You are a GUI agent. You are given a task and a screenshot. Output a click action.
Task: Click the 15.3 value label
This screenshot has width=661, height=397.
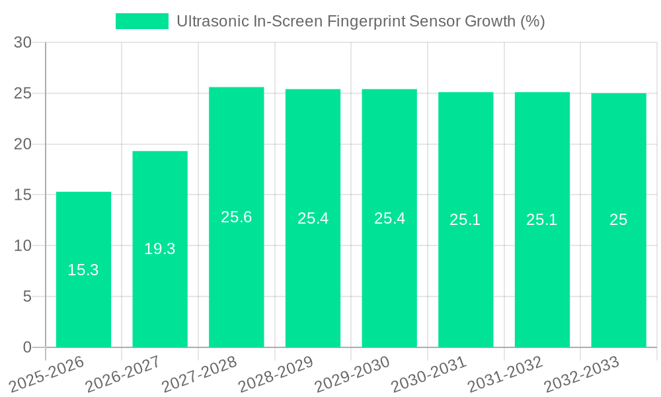tap(83, 270)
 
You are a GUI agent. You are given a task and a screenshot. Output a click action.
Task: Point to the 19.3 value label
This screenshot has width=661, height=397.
tap(160, 249)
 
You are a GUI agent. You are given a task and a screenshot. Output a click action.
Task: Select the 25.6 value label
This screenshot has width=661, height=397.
tap(237, 217)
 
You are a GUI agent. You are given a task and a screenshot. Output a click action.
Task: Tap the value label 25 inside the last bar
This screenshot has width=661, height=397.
tap(619, 220)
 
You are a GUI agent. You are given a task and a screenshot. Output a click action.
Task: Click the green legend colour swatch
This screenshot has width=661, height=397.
tap(142, 21)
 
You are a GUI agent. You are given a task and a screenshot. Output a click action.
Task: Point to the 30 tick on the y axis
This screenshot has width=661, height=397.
tap(23, 43)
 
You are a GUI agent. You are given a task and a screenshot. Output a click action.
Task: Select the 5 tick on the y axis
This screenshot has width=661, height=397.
tap(27, 296)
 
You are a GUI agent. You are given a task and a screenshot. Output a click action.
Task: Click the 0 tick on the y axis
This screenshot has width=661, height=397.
tap(27, 347)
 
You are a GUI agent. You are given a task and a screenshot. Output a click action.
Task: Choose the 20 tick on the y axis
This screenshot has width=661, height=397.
tap(23, 144)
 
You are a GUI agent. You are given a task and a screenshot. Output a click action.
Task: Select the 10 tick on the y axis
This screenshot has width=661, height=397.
tap(23, 246)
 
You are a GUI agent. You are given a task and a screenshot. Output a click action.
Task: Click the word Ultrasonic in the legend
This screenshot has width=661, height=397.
tap(212, 21)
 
